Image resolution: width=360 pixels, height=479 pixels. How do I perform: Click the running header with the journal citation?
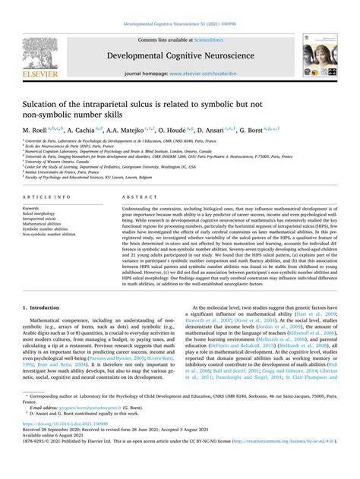(179, 6)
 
